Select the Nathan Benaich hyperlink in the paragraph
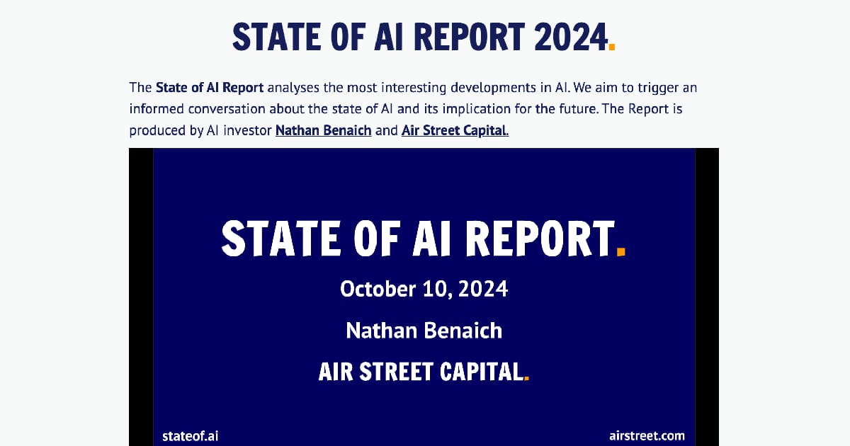[x=323, y=130]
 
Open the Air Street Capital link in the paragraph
[x=455, y=130]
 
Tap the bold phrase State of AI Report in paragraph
[x=210, y=88]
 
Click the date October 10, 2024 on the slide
[x=424, y=289]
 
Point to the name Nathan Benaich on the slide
[x=424, y=330]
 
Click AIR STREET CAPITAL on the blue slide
[x=421, y=372]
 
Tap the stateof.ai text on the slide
[x=190, y=435]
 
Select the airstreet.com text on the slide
[x=647, y=435]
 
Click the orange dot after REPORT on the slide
[x=621, y=251]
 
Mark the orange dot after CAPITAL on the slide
[x=526, y=379]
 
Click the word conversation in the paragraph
[x=226, y=109]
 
